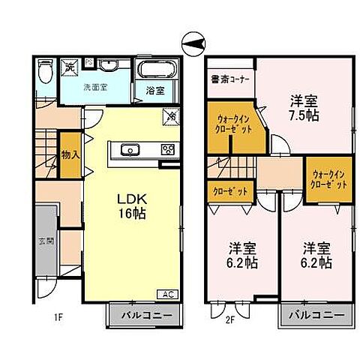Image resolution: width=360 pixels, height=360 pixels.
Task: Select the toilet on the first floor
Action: point(44,71)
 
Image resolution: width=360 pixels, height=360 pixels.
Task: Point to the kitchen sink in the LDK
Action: point(127,149)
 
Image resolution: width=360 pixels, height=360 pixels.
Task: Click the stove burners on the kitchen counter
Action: point(167,148)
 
